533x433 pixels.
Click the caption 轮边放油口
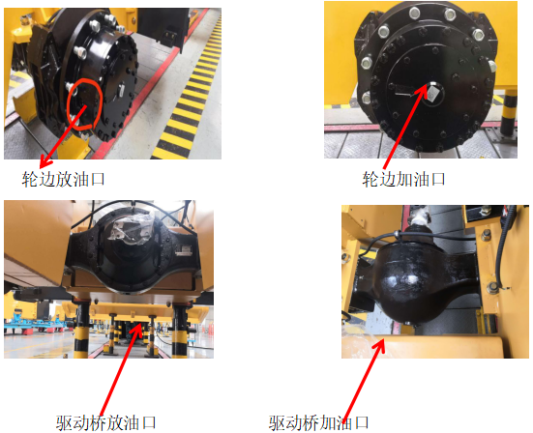63,179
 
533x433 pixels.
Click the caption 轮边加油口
403,179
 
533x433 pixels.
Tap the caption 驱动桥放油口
105,422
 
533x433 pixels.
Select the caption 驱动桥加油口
318,422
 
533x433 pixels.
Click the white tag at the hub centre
431,93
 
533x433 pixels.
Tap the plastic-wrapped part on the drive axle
130,231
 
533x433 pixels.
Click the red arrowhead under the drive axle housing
138,327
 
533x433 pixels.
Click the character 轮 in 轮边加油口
370,179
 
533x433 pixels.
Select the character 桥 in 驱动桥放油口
99,422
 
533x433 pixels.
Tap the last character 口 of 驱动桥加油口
362,422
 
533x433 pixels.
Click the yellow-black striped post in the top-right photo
509,113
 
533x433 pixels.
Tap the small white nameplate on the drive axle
184,251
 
